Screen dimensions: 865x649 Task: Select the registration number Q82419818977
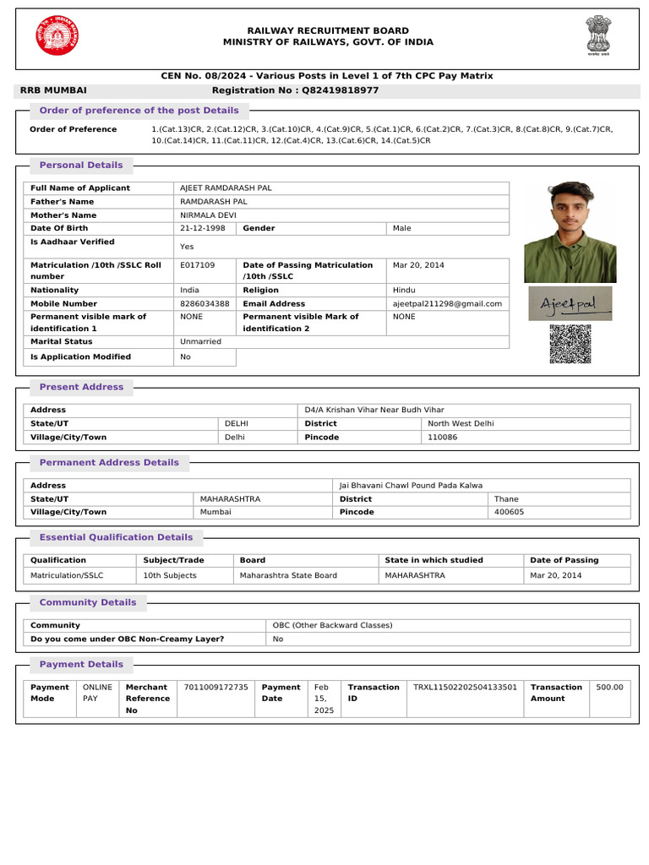(x=341, y=90)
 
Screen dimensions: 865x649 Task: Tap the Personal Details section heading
(x=81, y=166)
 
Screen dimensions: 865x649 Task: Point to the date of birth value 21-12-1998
(x=203, y=228)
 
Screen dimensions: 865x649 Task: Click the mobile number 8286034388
(x=205, y=303)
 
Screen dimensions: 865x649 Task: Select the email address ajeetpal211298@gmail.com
(x=447, y=303)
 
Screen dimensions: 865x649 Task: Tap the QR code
(x=570, y=343)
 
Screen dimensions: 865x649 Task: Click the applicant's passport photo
(x=570, y=231)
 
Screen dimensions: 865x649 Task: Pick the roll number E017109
(x=198, y=265)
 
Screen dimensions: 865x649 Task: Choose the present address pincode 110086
(x=442, y=438)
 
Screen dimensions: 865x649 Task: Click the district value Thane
(x=506, y=499)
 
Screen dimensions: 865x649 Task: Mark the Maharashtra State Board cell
(x=288, y=575)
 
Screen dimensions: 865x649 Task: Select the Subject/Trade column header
(x=174, y=560)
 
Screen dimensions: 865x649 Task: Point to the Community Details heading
(x=88, y=603)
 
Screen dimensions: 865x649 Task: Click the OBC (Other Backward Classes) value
(x=332, y=625)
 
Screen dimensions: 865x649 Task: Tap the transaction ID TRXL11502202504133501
(x=465, y=688)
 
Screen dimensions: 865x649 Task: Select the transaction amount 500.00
(x=609, y=688)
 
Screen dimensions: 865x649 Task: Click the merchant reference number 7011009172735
(x=216, y=688)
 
